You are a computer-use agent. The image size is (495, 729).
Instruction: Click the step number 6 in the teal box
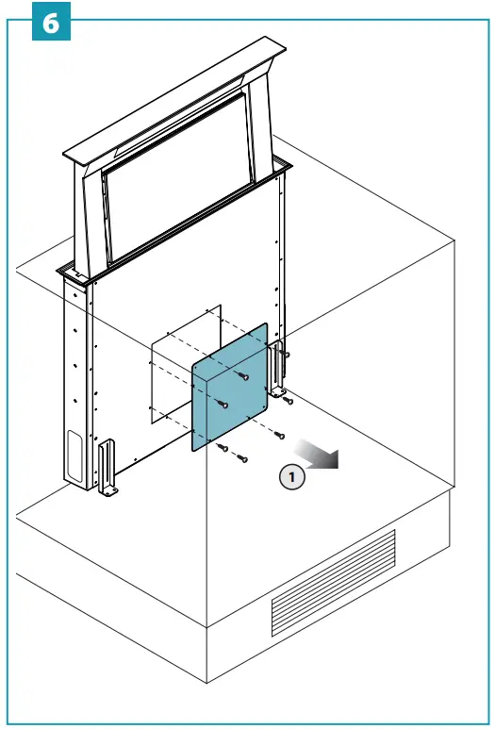tap(51, 23)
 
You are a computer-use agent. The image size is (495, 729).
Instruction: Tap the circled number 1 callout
tap(292, 477)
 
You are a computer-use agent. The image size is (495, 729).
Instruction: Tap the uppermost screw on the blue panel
tap(243, 376)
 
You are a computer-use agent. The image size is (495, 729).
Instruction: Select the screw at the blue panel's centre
tap(223, 405)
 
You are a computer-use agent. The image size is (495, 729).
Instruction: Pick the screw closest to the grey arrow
tap(280, 435)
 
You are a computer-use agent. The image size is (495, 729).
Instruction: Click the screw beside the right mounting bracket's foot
tap(288, 401)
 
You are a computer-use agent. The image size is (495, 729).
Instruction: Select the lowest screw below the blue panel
tap(241, 458)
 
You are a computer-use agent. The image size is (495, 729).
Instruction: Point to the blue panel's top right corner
tap(266, 325)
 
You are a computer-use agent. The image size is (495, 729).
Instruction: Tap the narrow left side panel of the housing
tap(75, 377)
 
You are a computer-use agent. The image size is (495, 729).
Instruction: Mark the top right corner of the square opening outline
tap(220, 306)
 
